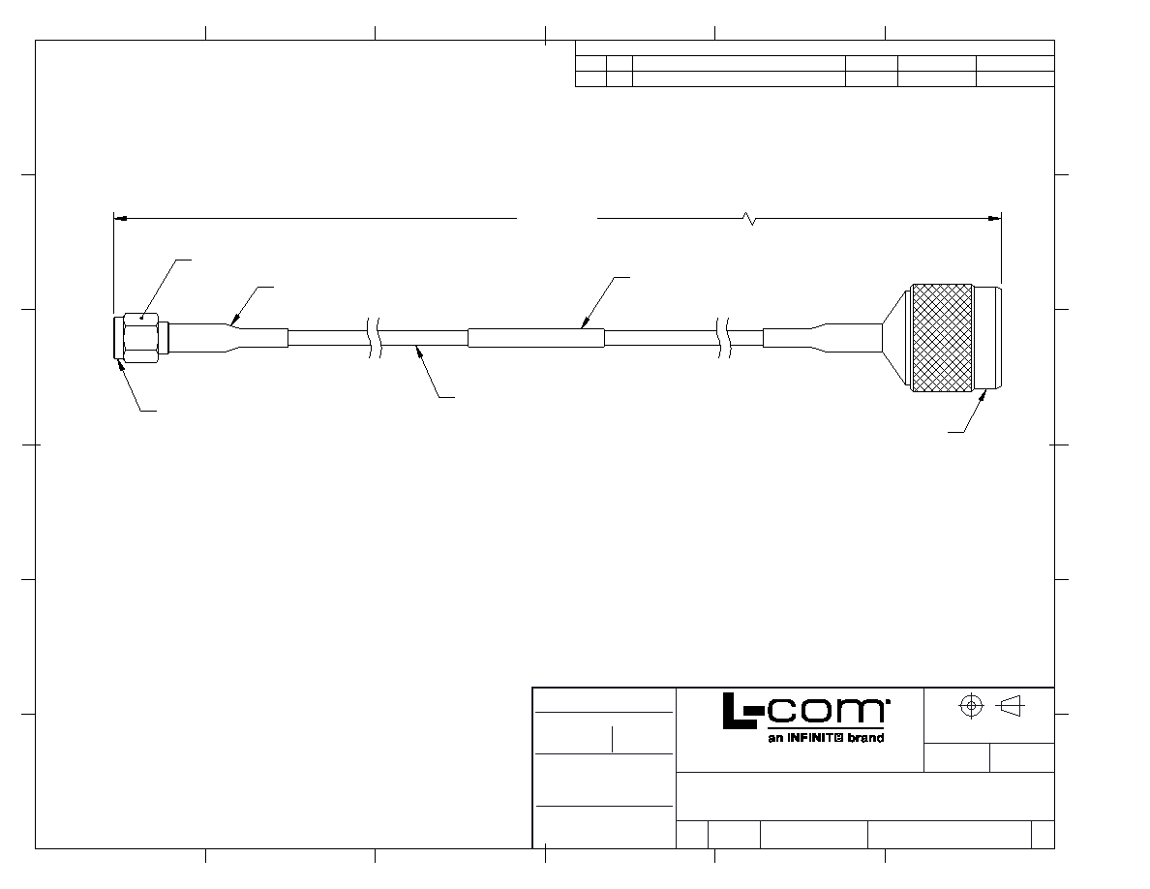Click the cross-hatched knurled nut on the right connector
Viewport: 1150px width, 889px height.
click(942, 337)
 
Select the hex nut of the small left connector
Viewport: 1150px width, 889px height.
click(140, 337)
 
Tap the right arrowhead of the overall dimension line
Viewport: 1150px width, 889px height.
click(994, 218)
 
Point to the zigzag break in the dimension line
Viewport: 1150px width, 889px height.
click(749, 218)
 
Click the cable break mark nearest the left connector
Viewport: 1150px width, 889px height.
click(374, 337)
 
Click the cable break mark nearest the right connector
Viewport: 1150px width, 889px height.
click(723, 337)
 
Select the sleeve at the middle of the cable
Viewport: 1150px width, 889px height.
click(536, 337)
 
